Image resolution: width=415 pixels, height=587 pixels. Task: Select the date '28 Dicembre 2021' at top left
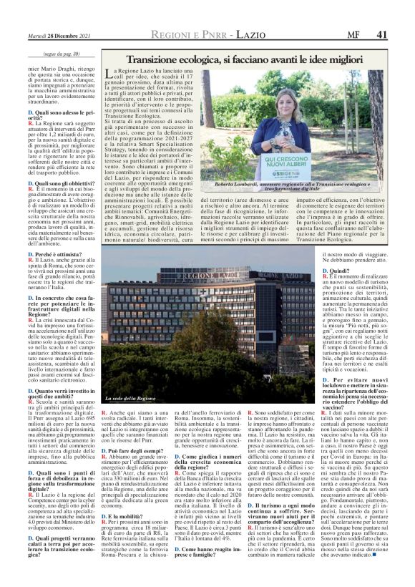(x=72, y=34)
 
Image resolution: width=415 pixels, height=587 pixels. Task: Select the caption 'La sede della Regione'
(x=129, y=397)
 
